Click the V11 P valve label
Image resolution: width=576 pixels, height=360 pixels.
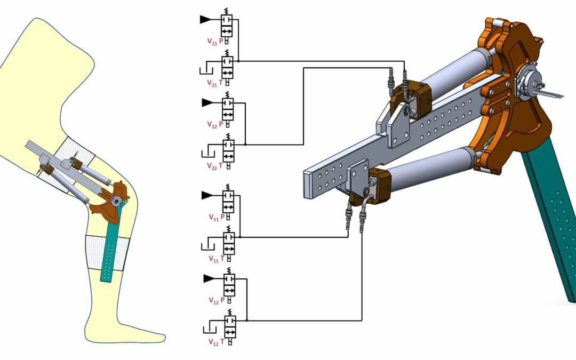215,217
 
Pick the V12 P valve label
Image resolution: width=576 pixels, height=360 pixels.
215,299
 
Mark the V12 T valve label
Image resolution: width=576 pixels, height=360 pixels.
215,341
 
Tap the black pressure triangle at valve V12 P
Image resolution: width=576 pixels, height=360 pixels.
208,278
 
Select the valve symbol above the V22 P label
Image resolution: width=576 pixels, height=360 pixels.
228,108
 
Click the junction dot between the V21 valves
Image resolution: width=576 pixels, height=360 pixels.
238,61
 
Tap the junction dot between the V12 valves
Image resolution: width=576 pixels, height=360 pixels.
247,321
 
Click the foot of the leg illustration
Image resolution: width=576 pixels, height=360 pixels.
133,331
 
